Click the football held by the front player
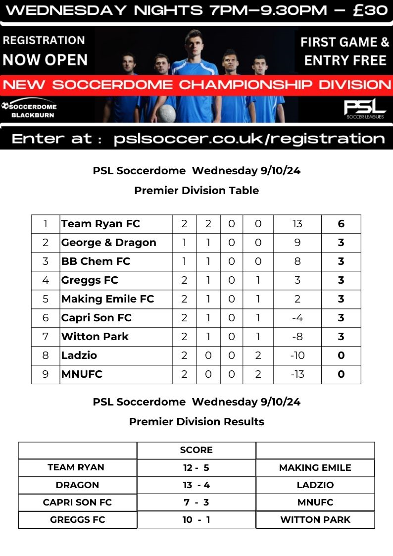point(167,113)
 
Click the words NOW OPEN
point(45,60)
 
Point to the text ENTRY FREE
point(345,60)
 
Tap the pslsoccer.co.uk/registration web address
point(249,139)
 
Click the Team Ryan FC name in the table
point(100,224)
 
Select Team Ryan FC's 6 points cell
point(341,224)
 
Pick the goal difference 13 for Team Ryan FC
point(297,224)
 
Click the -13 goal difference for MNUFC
point(297,374)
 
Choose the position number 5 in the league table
point(46,299)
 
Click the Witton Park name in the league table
point(95,337)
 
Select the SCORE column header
point(196,450)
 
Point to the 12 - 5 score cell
point(196,468)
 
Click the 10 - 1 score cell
point(196,520)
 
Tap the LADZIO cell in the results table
point(315,485)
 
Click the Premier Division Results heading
point(196,422)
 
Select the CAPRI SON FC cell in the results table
point(77,503)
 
